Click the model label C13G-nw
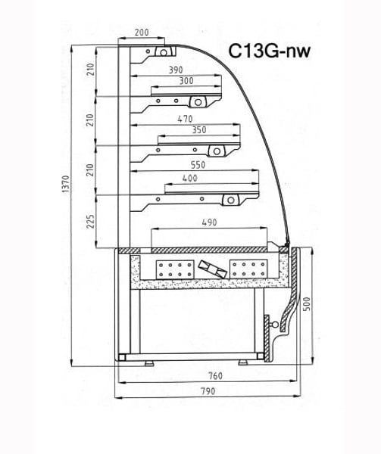click(x=269, y=51)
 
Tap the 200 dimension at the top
click(x=142, y=32)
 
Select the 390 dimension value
click(x=176, y=70)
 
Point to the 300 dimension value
click(x=186, y=81)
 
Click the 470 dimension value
click(x=185, y=119)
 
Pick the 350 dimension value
click(x=199, y=130)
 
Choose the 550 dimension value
click(x=198, y=165)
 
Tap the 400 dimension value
click(x=190, y=178)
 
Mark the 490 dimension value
click(x=209, y=222)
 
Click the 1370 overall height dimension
click(x=66, y=184)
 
